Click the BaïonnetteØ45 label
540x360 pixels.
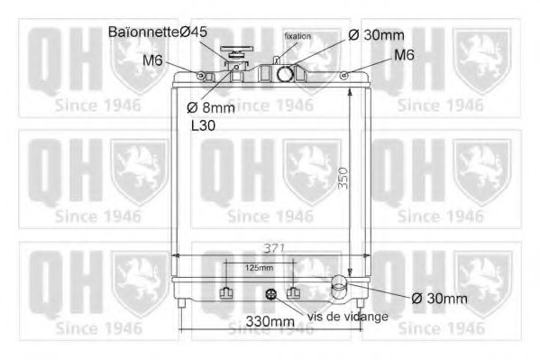(x=158, y=32)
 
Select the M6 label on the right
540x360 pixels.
(x=403, y=55)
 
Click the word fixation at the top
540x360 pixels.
(x=297, y=36)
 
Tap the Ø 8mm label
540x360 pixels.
(x=210, y=107)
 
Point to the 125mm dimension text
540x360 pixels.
(x=258, y=268)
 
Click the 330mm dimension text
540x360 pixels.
(x=270, y=321)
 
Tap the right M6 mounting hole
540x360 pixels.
(x=347, y=74)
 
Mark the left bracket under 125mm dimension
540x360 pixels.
(x=226, y=293)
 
